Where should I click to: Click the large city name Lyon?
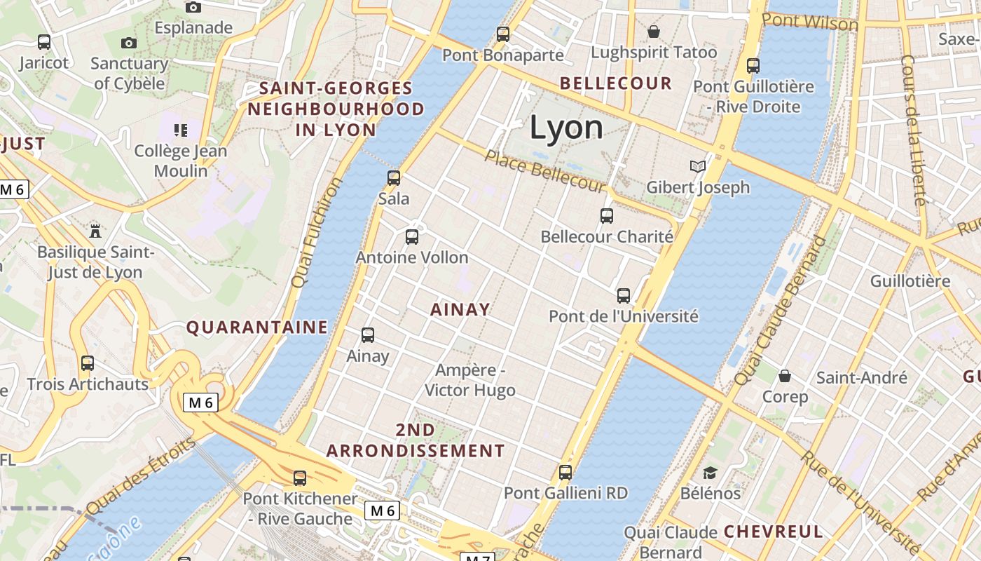pos(566,128)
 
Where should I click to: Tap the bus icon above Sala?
pos(394,178)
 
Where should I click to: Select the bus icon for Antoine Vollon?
pos(412,237)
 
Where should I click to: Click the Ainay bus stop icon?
pos(368,335)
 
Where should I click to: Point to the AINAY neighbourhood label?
pos(460,309)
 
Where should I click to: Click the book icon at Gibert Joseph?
pos(697,167)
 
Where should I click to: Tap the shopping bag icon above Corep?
pos(785,376)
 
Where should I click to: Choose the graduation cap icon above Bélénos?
pos(711,473)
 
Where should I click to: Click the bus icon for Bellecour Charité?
pos(607,216)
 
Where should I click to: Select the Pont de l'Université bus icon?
pos(624,296)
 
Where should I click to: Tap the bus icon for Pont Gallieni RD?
pos(565,473)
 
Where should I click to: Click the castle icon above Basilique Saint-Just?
pos(95,231)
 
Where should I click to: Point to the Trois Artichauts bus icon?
pos(88,363)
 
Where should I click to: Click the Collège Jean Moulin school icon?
pos(181,130)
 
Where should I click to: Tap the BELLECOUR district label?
pos(616,83)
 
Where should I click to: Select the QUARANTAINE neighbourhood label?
pos(256,327)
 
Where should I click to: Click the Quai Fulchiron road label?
pos(317,232)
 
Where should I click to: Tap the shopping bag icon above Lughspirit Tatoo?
pos(654,32)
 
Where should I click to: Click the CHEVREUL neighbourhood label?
pos(773,532)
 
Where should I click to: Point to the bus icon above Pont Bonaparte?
pos(502,34)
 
